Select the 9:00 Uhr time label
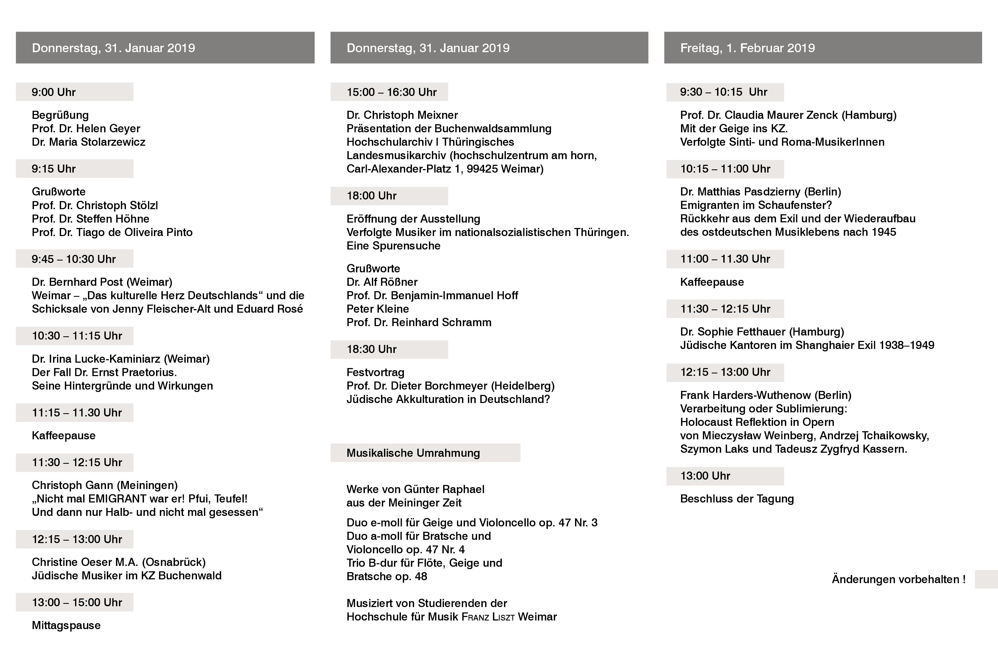[54, 92]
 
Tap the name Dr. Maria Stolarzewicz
[89, 142]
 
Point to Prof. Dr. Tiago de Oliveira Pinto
[112, 232]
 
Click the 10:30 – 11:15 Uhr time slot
[77, 336]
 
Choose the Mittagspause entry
[66, 625]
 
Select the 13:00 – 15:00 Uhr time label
[77, 602]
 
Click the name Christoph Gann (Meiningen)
[105, 485]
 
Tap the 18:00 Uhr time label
[371, 196]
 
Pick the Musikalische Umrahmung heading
[413, 453]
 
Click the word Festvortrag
[375, 372]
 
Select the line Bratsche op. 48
[387, 576]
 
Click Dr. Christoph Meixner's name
[402, 115]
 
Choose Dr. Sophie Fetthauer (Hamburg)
[762, 331]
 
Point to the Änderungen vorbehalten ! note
[898, 579]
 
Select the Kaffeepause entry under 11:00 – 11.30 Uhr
[712, 282]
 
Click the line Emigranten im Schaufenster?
[756, 205]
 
